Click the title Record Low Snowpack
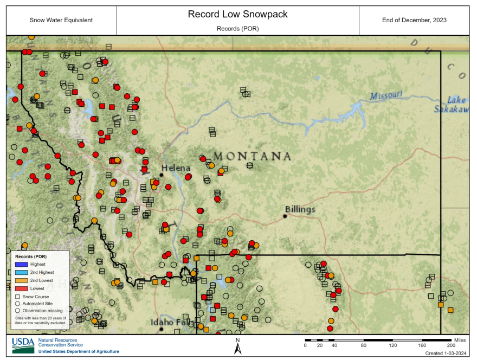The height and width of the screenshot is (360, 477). (237, 14)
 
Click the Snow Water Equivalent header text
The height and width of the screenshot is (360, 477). (61, 20)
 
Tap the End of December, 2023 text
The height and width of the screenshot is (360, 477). (414, 20)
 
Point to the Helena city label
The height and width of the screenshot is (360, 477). (176, 168)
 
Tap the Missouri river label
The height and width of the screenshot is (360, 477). (386, 96)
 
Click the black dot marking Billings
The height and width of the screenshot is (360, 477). (285, 216)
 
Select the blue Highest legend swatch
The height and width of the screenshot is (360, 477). (21, 264)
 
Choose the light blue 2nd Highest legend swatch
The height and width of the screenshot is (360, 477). (21, 272)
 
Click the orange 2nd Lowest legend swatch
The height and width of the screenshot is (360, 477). (21, 280)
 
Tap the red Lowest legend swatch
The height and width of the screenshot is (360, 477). (21, 288)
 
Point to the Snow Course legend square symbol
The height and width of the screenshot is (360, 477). (18, 297)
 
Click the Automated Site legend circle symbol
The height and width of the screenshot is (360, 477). (18, 304)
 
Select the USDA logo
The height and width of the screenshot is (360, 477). (23, 345)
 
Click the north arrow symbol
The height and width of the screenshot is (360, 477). (237, 347)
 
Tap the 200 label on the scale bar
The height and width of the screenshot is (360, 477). (450, 345)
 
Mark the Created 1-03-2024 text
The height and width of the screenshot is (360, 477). (446, 353)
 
